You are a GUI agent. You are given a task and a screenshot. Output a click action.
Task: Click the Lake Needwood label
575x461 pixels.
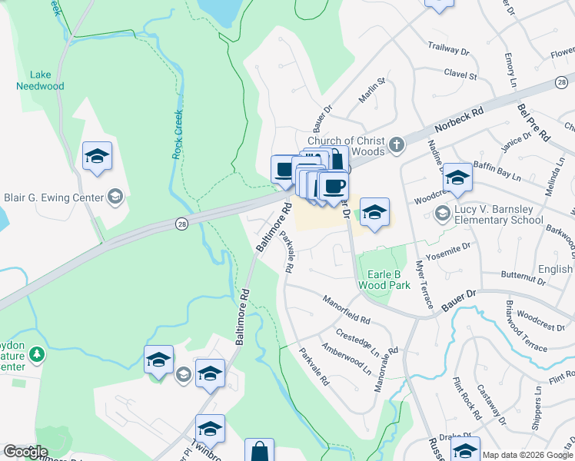(x=40, y=81)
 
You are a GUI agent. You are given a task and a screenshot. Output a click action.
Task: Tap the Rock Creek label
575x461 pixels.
(x=177, y=134)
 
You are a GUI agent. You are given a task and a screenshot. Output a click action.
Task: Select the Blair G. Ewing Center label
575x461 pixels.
(x=54, y=197)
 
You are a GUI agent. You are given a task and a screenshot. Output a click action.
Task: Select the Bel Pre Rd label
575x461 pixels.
(x=533, y=122)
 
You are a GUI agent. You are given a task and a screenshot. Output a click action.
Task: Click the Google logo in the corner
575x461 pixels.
(x=25, y=452)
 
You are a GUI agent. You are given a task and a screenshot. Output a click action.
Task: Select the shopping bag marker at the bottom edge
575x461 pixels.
(x=260, y=452)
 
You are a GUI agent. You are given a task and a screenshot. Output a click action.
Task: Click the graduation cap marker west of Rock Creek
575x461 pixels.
(x=98, y=156)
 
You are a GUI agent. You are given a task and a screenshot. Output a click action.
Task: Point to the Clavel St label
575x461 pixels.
(x=460, y=75)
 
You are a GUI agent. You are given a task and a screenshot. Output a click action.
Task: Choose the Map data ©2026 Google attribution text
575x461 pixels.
(x=527, y=455)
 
